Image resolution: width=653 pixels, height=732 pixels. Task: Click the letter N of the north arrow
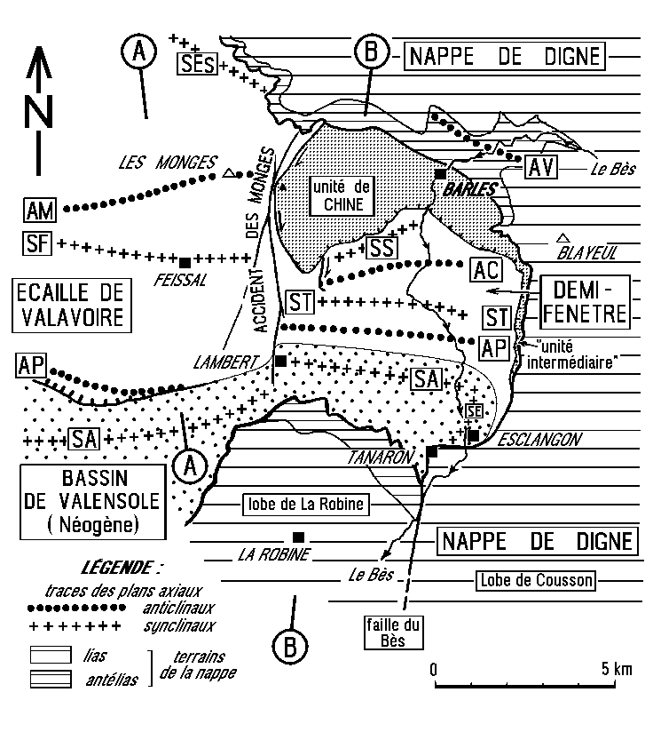tap(38, 112)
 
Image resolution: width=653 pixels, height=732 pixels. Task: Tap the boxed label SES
tap(198, 64)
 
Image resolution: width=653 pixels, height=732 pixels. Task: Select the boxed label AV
tap(541, 167)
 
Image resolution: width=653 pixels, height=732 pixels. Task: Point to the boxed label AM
tap(40, 210)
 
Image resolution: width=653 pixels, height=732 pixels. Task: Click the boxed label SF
tap(37, 243)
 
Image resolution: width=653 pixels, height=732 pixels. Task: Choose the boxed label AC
tap(486, 270)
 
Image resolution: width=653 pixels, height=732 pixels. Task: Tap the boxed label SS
tap(382, 248)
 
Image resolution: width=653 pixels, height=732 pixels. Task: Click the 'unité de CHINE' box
tap(342, 196)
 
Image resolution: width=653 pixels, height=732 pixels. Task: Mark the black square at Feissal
tap(185, 262)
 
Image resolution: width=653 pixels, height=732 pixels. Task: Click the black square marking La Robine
tap(298, 537)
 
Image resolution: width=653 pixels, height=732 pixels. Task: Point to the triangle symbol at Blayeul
tap(563, 238)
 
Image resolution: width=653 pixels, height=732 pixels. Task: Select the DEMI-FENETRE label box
tap(585, 302)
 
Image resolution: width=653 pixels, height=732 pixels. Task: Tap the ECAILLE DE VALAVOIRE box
tap(72, 306)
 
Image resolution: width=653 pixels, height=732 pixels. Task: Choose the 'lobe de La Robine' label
tap(306, 505)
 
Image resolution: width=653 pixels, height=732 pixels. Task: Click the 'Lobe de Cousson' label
tap(536, 580)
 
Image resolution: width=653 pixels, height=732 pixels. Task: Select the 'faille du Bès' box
tap(393, 633)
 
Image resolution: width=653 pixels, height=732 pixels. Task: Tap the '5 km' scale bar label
tap(617, 669)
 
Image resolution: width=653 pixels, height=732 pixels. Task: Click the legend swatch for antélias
tap(51, 679)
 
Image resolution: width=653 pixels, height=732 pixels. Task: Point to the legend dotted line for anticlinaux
tap(76, 608)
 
